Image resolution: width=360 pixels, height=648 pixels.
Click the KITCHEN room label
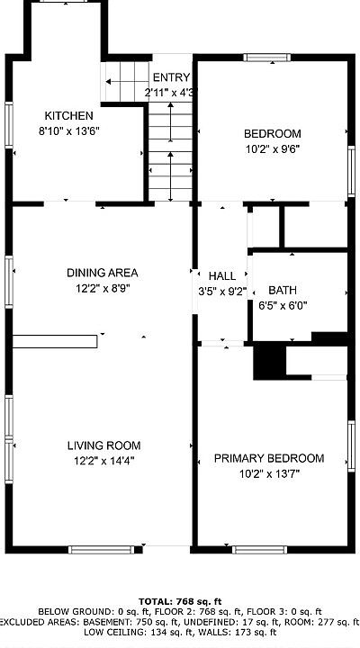(x=68, y=116)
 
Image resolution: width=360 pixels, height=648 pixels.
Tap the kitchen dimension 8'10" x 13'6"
(x=69, y=131)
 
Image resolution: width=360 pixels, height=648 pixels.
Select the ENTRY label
(x=171, y=77)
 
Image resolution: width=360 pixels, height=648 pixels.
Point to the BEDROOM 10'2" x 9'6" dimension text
(x=273, y=148)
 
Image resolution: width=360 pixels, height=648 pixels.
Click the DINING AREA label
(x=102, y=273)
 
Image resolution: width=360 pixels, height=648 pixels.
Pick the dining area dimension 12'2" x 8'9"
(x=103, y=289)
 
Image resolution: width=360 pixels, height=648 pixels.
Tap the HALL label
(x=222, y=276)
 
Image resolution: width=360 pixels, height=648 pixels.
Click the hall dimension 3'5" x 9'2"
(x=222, y=292)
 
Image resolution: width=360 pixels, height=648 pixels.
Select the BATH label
(x=283, y=290)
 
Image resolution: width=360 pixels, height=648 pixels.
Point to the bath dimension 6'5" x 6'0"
(x=283, y=306)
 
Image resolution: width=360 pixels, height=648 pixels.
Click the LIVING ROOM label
(x=103, y=445)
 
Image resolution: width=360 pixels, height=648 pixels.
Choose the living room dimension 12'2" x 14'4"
(x=104, y=461)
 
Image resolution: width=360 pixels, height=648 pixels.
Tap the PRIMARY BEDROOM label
(x=269, y=458)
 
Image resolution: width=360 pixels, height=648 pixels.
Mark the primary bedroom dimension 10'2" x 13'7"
(x=269, y=473)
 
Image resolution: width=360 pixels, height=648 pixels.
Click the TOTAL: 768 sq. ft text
(x=180, y=601)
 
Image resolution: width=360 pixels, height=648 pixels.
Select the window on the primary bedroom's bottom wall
(x=259, y=550)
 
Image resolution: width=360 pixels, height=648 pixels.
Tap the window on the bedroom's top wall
(x=267, y=58)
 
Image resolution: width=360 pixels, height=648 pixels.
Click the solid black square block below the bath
(x=269, y=360)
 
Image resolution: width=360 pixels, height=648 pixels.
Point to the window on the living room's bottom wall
(x=102, y=550)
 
